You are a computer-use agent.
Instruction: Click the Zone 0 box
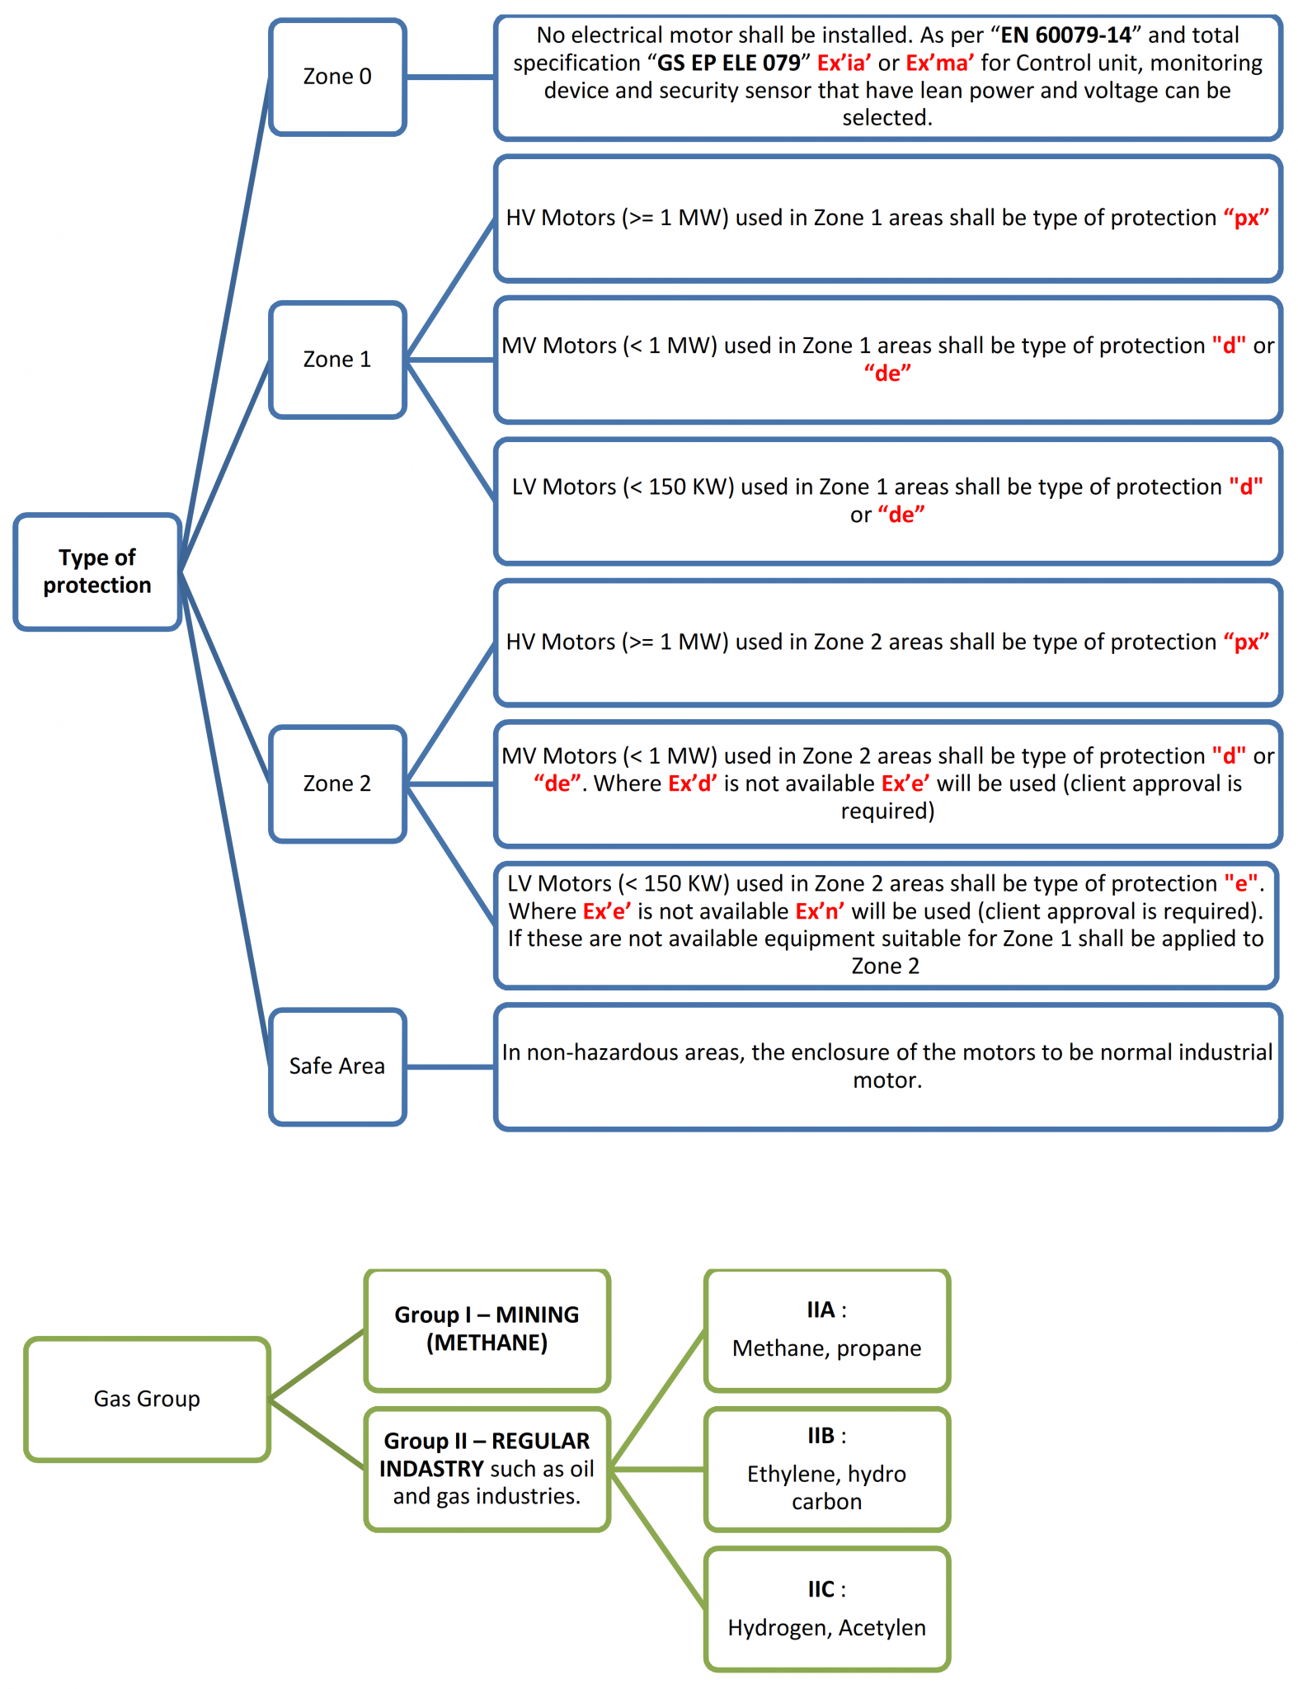click(x=337, y=77)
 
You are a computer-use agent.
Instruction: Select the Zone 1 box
click(x=337, y=360)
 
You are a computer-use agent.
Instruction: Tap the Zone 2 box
click(x=337, y=783)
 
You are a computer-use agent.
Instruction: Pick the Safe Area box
click(x=337, y=1066)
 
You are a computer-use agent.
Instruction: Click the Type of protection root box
click(x=97, y=572)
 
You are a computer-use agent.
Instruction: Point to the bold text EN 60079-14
click(x=1065, y=35)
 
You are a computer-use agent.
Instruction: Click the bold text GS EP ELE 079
click(x=728, y=64)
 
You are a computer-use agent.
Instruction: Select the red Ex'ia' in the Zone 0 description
click(x=843, y=64)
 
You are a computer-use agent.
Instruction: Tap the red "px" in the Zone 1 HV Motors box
click(x=1246, y=218)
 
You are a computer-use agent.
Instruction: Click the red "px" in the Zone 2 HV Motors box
click(x=1246, y=642)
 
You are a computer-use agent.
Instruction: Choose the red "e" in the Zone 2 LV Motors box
click(x=1241, y=884)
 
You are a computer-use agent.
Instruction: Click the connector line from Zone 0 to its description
click(x=450, y=77)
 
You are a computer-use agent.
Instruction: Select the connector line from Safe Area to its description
click(x=450, y=1066)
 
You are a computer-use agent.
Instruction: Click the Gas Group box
click(x=147, y=1399)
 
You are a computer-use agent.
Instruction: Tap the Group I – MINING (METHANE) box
click(x=487, y=1329)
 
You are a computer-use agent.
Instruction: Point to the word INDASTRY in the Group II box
click(x=430, y=1469)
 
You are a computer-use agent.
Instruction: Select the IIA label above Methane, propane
click(x=821, y=1310)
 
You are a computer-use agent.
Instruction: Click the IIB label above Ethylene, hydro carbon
click(x=821, y=1437)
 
